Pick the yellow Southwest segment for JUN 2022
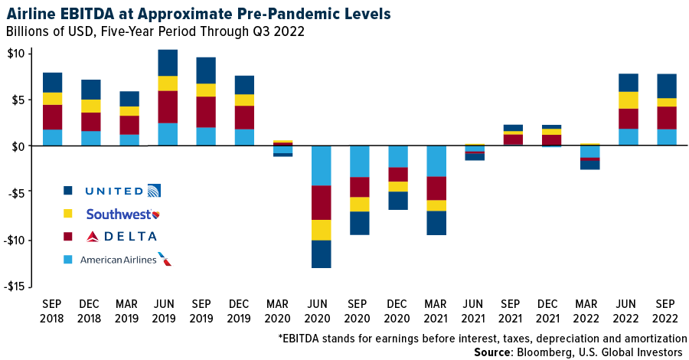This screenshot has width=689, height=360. coord(629,100)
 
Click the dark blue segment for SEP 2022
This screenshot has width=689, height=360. coord(666,86)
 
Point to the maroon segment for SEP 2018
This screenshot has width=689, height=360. coord(53,117)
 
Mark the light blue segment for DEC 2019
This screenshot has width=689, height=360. coord(244,137)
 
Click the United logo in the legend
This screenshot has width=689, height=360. coord(122,191)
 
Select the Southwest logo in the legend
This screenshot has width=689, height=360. coord(123,214)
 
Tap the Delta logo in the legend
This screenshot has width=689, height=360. coord(122,237)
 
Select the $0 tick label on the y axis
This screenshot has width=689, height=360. coord(18,146)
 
